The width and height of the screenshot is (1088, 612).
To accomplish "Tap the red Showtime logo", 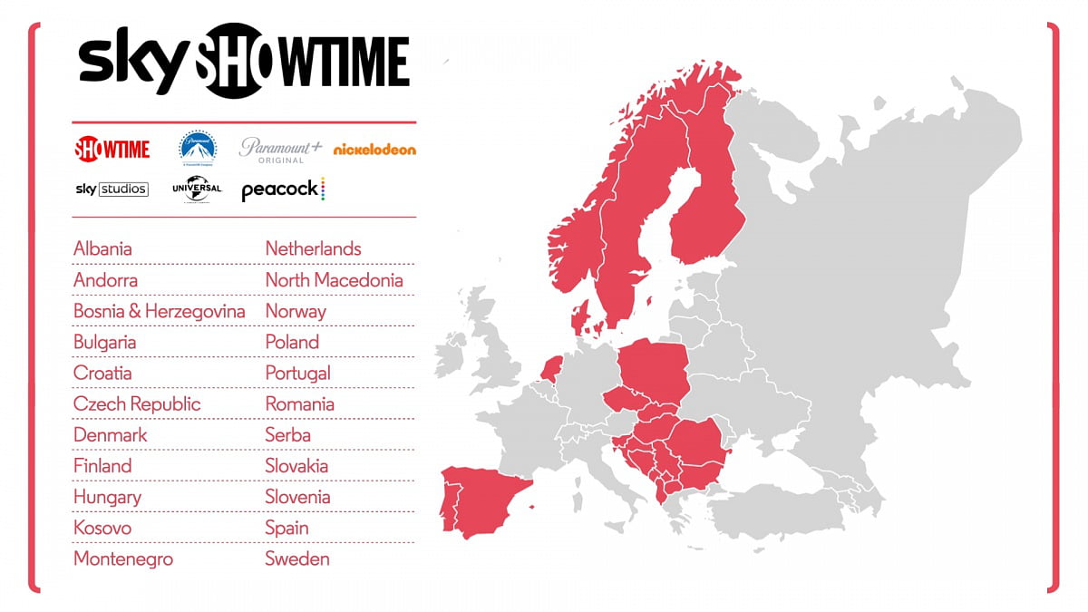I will click(x=112, y=148).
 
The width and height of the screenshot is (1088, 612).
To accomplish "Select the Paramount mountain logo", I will click(x=198, y=148).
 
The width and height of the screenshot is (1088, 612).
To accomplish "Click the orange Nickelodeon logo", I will click(x=374, y=149).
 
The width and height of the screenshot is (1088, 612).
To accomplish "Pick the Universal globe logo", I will click(x=197, y=189).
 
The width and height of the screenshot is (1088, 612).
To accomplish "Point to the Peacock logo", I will click(x=283, y=189).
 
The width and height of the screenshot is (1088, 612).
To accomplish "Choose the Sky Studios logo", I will click(x=112, y=189).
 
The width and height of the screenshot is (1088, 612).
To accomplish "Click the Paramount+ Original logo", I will click(x=280, y=149).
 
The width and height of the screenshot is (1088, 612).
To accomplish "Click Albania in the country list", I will click(x=102, y=248).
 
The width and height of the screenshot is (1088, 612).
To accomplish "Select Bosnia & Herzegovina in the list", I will click(x=159, y=311).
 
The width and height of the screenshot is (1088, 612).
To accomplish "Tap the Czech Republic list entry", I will click(x=137, y=403).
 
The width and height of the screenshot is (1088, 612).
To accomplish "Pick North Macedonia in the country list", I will click(x=334, y=280).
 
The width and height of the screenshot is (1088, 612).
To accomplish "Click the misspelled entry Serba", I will click(x=287, y=435).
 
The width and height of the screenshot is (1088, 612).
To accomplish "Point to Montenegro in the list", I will click(x=123, y=559).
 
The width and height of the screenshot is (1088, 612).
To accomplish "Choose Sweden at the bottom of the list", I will click(x=297, y=559).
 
